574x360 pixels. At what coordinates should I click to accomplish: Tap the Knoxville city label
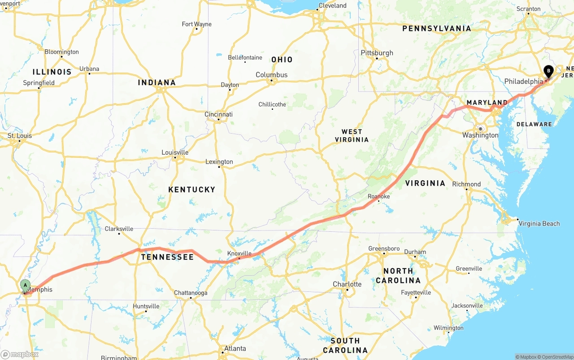[x=239, y=253]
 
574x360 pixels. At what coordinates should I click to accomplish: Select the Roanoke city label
[x=378, y=196]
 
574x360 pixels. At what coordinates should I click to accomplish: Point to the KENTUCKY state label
[x=191, y=190]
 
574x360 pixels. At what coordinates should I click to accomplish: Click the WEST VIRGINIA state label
[x=352, y=135]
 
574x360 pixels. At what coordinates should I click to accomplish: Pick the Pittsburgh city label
[x=377, y=53]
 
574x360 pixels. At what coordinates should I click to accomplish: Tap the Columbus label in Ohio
[x=271, y=75]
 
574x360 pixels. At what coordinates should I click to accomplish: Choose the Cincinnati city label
[x=218, y=114]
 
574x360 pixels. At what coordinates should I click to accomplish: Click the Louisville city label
[x=174, y=152]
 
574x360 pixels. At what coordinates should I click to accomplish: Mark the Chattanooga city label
[x=191, y=293]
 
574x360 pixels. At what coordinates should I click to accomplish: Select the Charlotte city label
[x=347, y=284]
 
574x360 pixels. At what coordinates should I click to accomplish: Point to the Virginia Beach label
[x=539, y=224]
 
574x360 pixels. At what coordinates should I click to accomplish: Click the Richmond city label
[x=466, y=184]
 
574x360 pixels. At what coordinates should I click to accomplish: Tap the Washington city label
[x=480, y=135]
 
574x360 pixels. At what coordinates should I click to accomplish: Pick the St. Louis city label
[x=20, y=136]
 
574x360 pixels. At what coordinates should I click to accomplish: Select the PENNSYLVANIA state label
[x=436, y=29]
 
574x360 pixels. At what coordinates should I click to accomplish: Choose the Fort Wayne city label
[x=196, y=24]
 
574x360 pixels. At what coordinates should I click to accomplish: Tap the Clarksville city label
[x=119, y=229]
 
